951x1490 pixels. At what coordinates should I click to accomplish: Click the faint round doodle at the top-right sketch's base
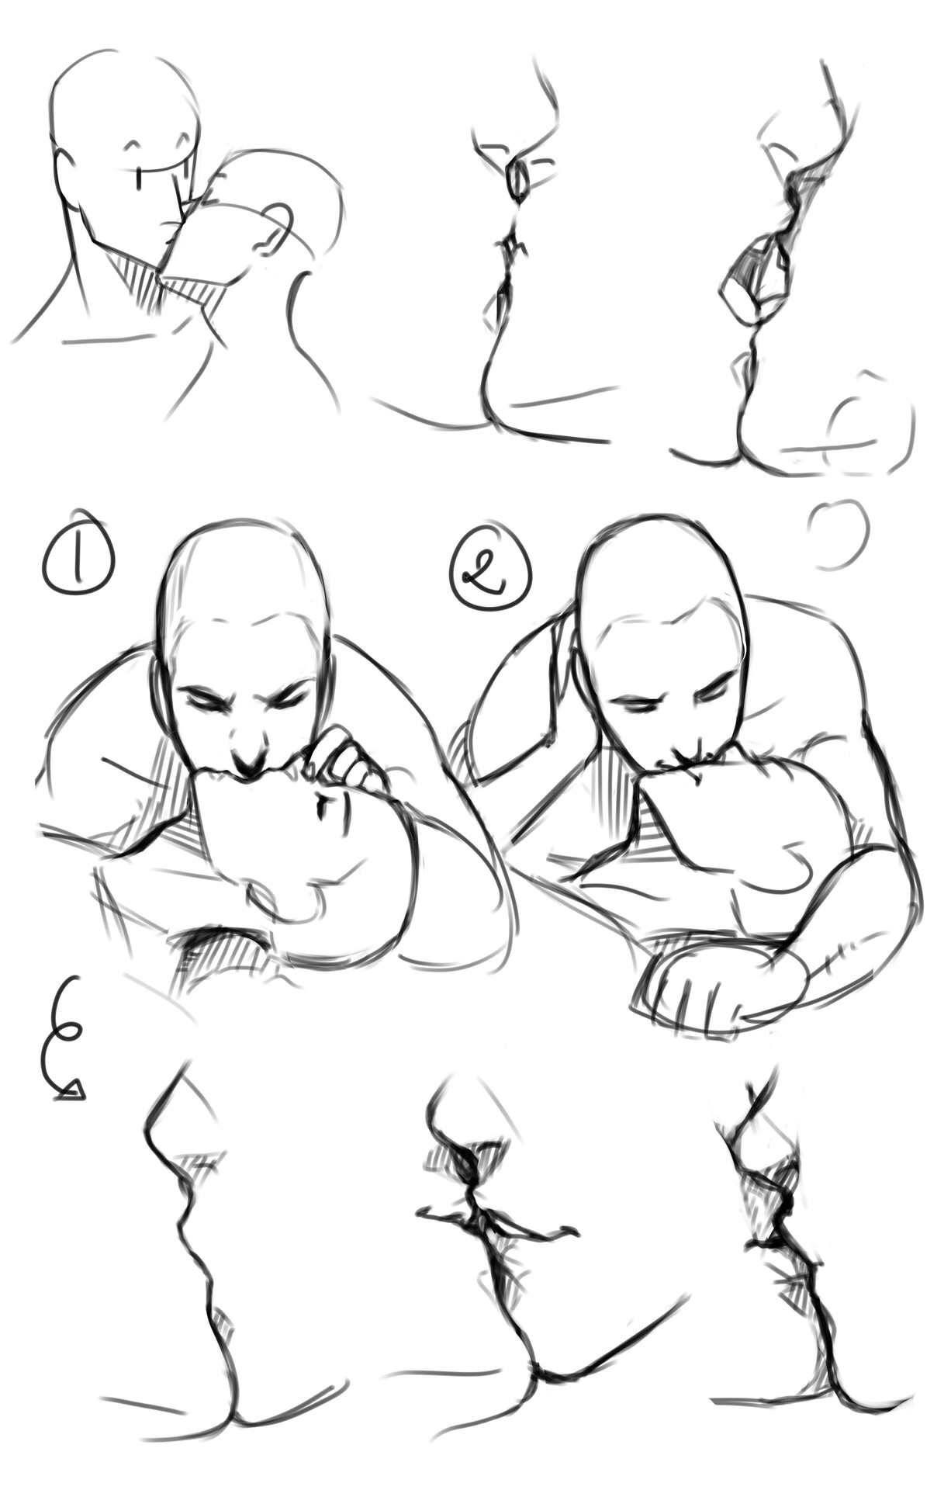(x=869, y=423)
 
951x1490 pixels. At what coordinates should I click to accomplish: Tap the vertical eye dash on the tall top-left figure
(x=139, y=177)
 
